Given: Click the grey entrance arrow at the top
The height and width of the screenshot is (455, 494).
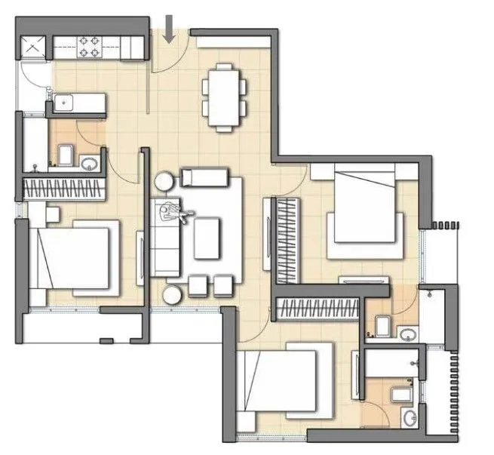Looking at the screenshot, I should click(169, 28).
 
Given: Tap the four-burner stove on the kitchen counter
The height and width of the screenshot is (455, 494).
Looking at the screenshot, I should click(91, 48).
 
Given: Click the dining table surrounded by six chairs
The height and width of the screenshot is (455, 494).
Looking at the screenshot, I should click(224, 97).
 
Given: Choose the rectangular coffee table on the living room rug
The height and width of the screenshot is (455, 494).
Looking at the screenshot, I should click(207, 238).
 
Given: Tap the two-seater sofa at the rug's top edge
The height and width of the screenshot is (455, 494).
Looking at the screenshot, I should click(203, 178).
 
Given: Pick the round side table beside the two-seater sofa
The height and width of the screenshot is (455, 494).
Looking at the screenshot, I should click(165, 181).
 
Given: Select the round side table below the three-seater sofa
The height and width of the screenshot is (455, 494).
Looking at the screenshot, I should click(173, 294).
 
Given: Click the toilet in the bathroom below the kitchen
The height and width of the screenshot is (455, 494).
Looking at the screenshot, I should click(65, 155).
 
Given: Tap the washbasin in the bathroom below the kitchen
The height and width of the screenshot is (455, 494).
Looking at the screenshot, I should click(88, 162).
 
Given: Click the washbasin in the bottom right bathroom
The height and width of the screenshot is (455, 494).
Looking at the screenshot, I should click(409, 417).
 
